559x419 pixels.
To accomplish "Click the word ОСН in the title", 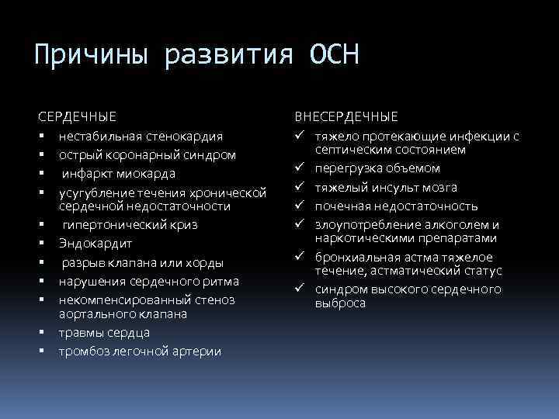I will click(x=334, y=56).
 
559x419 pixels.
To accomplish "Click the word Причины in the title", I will click(x=94, y=56).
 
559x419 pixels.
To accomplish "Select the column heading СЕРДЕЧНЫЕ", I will click(x=78, y=117).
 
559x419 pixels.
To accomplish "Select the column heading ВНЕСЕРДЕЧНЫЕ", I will click(x=347, y=117).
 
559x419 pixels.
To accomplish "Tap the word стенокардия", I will click(x=188, y=137).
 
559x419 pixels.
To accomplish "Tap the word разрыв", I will click(x=84, y=262).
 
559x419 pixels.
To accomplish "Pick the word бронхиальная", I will click(x=353, y=258).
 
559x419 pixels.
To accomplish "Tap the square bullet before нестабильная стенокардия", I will click(x=40, y=137).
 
